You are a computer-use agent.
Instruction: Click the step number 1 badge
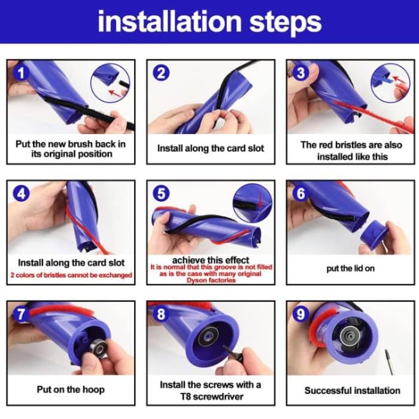coord(22,73)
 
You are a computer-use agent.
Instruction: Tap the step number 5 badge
coord(161,193)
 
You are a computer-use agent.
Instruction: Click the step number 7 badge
coord(22,314)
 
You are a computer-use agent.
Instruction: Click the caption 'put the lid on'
coord(350,268)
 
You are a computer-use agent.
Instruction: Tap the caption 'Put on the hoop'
coord(71,389)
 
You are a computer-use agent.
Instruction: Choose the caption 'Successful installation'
coord(352,390)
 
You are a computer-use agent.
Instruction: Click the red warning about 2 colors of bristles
coord(71,275)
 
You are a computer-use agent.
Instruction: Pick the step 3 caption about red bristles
coord(351,150)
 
